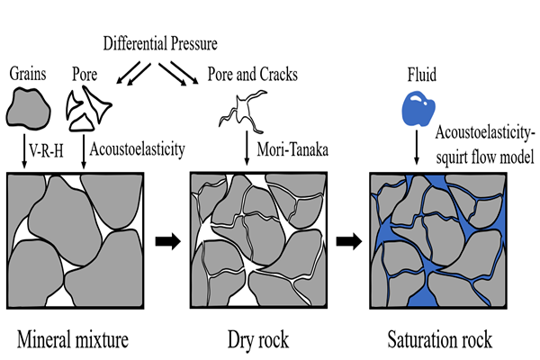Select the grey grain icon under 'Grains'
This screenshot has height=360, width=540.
[27, 105]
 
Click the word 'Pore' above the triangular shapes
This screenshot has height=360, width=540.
[85, 69]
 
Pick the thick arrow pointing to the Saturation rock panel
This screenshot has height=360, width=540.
[348, 241]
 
